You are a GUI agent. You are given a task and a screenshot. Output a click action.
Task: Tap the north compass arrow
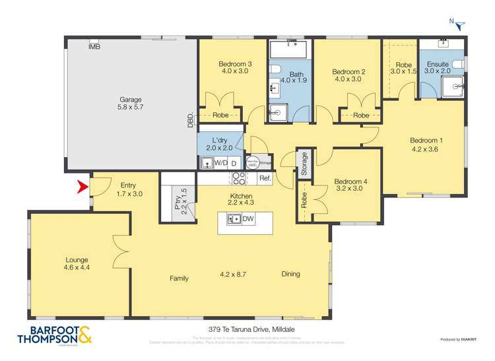tap(460, 24)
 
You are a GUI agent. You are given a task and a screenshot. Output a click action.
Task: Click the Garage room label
tap(130, 100)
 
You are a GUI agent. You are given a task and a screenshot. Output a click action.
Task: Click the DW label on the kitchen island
tap(248, 219)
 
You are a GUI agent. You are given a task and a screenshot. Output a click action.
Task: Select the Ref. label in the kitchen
tap(265, 178)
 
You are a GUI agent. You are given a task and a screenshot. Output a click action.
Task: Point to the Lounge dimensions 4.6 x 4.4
tap(77, 269)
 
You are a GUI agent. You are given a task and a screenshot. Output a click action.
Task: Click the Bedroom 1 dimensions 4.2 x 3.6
tap(426, 149)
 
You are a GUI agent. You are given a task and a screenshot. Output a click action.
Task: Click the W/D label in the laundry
tap(220, 162)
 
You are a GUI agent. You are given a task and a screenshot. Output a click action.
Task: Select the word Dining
tap(290, 274)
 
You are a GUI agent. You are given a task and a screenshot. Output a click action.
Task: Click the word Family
tap(179, 279)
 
